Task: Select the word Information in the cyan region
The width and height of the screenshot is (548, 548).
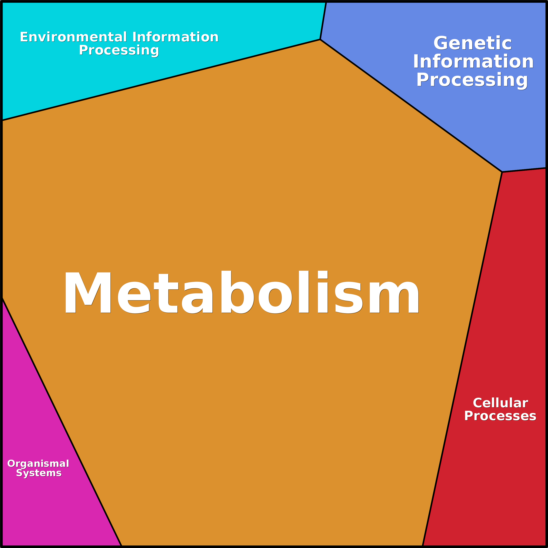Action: [175, 37]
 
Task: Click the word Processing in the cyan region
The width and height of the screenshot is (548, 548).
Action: [119, 50]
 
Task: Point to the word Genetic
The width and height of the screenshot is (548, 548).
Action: [473, 43]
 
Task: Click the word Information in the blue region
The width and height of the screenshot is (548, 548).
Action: [473, 62]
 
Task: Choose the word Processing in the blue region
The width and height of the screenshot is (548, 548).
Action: [472, 80]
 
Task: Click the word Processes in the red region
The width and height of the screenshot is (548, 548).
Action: [500, 416]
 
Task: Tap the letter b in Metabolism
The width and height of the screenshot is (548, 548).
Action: [237, 292]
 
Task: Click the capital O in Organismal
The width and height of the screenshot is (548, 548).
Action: [11, 464]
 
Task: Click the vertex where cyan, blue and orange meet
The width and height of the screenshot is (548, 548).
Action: [320, 39]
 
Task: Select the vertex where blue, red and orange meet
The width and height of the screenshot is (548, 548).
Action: [502, 172]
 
